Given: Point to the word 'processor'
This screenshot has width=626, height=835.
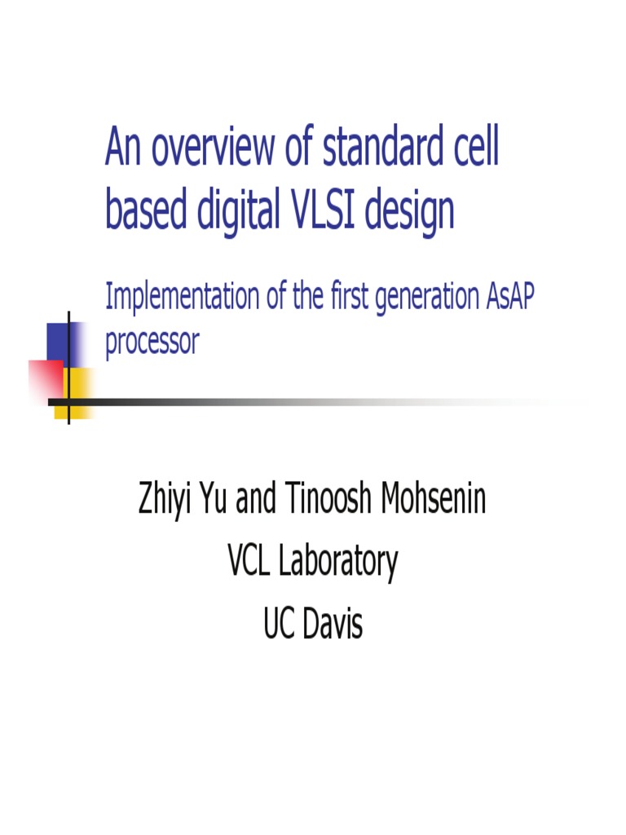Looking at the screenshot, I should click(152, 342).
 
